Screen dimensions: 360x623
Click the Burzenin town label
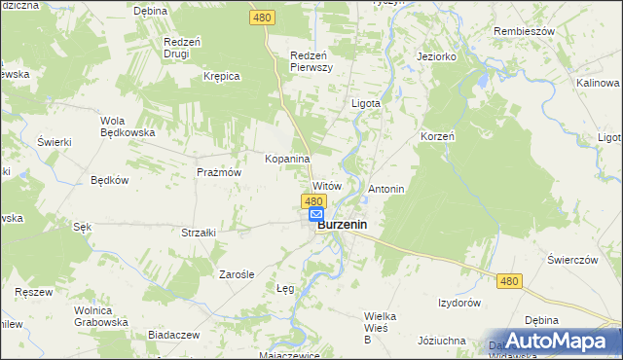pos(347,223)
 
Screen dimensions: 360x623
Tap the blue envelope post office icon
pos(316,214)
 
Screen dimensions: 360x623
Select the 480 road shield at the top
pos(262,18)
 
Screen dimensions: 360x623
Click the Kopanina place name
pos(287,158)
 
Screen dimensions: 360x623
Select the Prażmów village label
pos(218,172)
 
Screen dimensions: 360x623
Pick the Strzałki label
pos(198,233)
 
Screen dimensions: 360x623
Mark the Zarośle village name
pos(236,274)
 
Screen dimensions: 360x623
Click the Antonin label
pos(385,188)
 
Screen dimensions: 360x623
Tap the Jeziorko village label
pos(436,56)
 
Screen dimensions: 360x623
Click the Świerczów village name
pos(571,260)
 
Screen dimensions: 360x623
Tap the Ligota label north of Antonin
pos(365,102)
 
